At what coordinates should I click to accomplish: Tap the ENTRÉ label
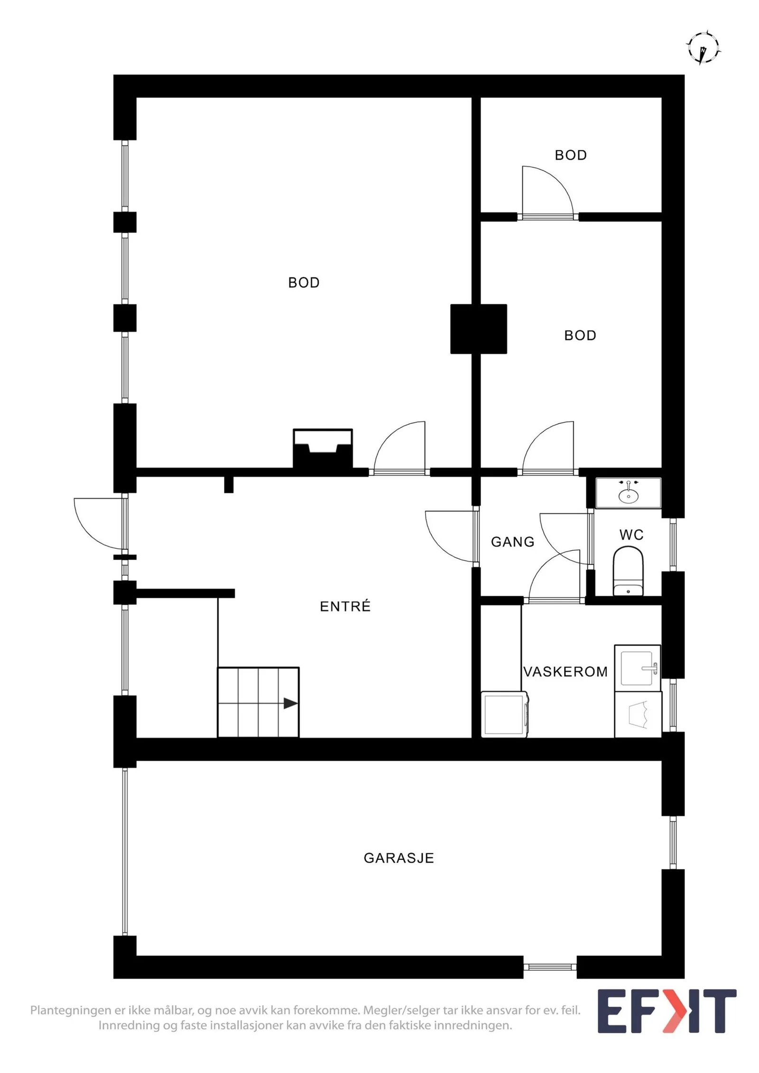pos(345,606)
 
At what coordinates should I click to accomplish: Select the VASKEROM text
pos(565,672)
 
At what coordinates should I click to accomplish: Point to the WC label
pos(631,535)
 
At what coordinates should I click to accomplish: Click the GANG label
pos(512,542)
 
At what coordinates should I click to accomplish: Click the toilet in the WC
pos(628,571)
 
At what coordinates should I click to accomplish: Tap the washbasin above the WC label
pos(628,493)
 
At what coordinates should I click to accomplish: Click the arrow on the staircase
pos(290,703)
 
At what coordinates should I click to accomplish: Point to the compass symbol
pos(703,48)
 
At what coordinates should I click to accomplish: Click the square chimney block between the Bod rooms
pos(478,329)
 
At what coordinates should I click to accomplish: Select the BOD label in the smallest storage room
pos(571,155)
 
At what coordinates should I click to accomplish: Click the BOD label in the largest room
pos(304,282)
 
